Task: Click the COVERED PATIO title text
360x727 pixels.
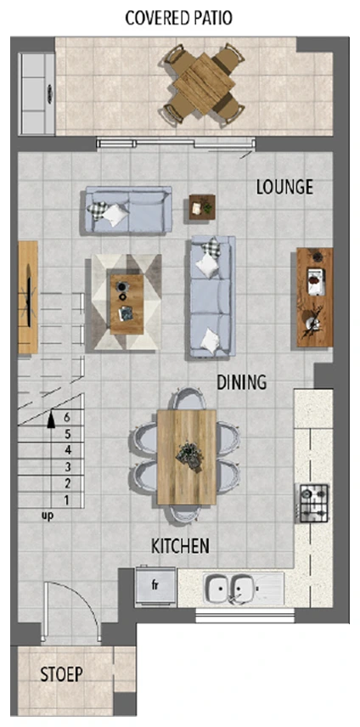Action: [x=179, y=18]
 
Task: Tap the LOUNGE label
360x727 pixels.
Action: [x=284, y=187]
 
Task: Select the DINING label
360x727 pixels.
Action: [x=242, y=382]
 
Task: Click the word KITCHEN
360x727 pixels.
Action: [x=180, y=546]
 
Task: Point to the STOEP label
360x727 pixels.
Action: [x=62, y=674]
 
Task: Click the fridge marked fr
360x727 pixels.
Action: [x=155, y=585]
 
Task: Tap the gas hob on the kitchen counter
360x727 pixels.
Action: [x=313, y=503]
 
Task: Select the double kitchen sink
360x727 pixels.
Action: [x=230, y=589]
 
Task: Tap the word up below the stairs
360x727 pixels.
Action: [x=48, y=516]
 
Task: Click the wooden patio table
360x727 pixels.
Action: [x=204, y=83]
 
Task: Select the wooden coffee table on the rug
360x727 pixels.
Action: [x=127, y=304]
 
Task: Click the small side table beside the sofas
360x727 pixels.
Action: [x=202, y=206]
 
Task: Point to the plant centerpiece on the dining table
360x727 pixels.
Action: [x=189, y=456]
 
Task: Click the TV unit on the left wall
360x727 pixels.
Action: [x=28, y=296]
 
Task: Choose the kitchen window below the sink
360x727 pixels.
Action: [x=245, y=615]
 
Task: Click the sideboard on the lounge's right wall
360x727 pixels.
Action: [x=315, y=297]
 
